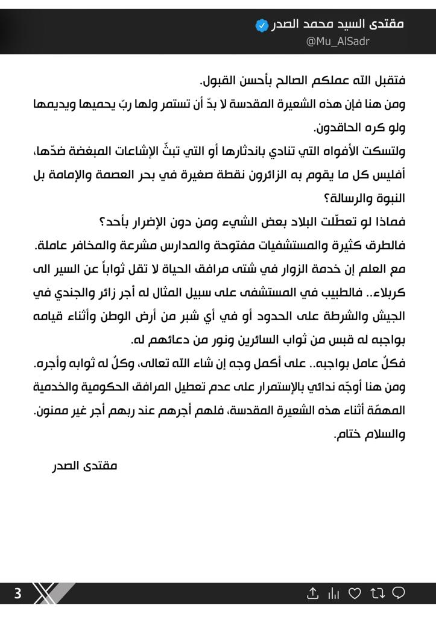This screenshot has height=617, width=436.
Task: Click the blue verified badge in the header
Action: [x=262, y=25]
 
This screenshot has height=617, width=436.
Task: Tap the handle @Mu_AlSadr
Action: [x=338, y=42]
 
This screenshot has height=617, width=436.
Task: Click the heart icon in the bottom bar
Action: [x=355, y=594]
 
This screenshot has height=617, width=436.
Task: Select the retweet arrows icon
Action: [x=378, y=594]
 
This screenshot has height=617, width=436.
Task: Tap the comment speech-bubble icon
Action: [x=399, y=594]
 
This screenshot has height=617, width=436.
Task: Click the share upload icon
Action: [x=312, y=594]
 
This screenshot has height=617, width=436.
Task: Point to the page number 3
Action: [x=17, y=594]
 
